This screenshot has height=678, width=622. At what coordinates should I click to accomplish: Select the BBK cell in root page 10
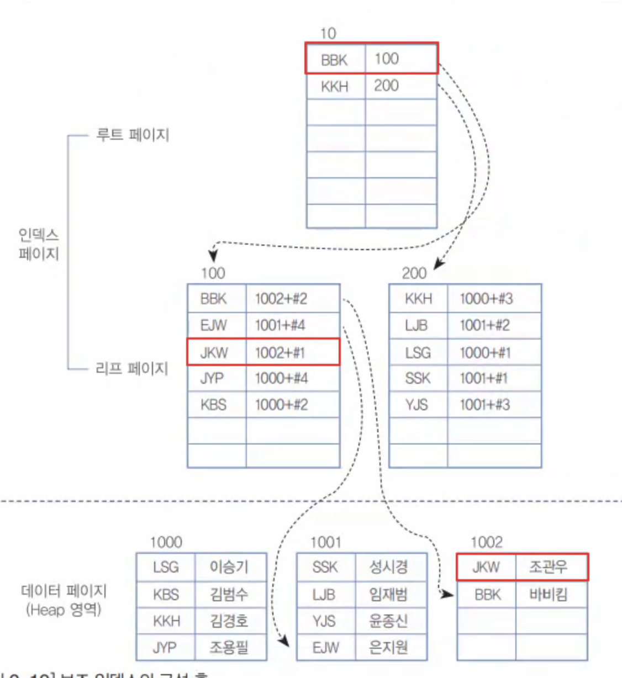click(x=335, y=59)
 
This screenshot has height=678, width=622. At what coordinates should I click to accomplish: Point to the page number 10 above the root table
click(x=328, y=34)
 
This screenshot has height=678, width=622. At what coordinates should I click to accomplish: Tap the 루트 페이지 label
click(x=133, y=135)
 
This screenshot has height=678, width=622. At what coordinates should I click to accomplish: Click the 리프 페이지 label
click(x=132, y=368)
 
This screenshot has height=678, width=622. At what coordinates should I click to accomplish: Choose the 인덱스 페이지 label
click(x=39, y=245)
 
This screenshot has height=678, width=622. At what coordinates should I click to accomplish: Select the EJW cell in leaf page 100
click(x=214, y=325)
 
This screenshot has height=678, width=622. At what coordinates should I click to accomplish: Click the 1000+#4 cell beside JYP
click(x=281, y=379)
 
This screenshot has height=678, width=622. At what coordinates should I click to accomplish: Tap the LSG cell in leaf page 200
click(x=418, y=352)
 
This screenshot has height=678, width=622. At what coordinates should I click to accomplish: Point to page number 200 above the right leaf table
click(x=414, y=273)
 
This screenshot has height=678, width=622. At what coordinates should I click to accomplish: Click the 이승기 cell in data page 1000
click(x=229, y=567)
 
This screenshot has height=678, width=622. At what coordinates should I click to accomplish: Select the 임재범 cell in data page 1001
click(x=388, y=595)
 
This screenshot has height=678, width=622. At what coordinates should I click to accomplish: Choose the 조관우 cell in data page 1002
click(x=548, y=567)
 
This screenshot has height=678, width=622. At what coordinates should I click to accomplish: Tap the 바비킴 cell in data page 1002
click(x=548, y=595)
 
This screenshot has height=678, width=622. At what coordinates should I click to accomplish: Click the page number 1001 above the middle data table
click(x=326, y=542)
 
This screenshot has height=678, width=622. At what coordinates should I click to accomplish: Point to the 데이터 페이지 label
click(x=64, y=591)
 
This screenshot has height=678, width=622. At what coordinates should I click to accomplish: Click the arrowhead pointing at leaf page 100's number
click(x=213, y=256)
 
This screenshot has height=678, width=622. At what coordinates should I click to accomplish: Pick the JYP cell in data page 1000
click(x=165, y=647)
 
